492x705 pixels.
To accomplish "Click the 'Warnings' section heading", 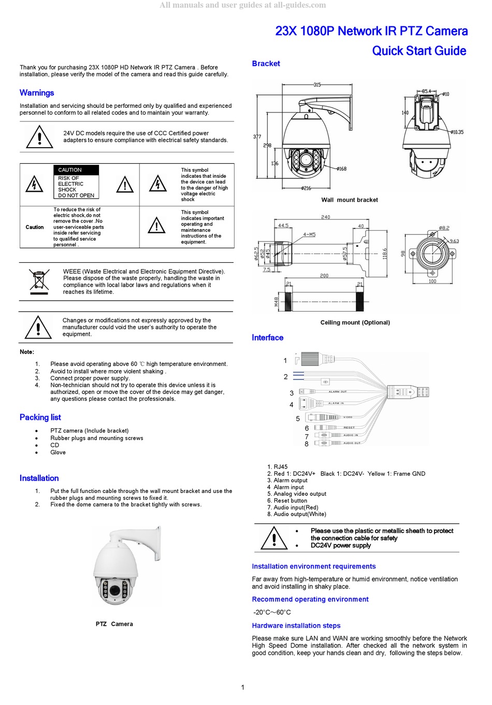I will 37,93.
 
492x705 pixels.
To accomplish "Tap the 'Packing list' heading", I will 40,417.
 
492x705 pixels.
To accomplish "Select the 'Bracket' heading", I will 266,64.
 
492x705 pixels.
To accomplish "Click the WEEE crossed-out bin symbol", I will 40,281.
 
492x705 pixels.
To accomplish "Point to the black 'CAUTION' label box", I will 76,170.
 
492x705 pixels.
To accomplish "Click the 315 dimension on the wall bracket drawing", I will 317,84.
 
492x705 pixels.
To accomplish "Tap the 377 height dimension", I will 257,137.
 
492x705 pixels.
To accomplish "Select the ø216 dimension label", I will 306,188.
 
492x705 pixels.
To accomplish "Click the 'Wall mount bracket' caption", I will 350,200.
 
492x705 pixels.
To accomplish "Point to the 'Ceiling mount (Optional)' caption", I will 355,322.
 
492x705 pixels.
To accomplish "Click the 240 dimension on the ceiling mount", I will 325,217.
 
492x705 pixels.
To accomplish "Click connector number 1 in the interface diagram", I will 285,360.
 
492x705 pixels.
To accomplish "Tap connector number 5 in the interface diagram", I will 298,419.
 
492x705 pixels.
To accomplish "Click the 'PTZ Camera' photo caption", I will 114,624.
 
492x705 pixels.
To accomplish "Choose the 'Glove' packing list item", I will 58,453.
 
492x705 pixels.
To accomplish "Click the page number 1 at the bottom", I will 242,687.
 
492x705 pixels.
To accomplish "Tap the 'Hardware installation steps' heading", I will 296,626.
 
